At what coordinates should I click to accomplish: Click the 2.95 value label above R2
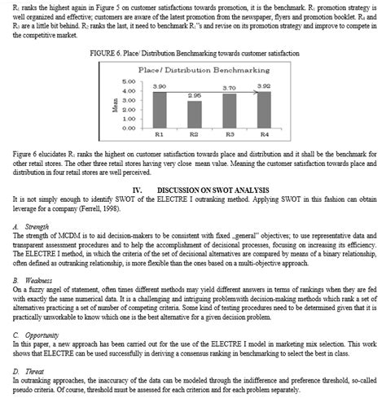tap(194, 95)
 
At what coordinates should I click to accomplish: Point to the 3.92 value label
tap(264, 85)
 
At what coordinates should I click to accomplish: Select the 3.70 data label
tap(230, 86)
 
